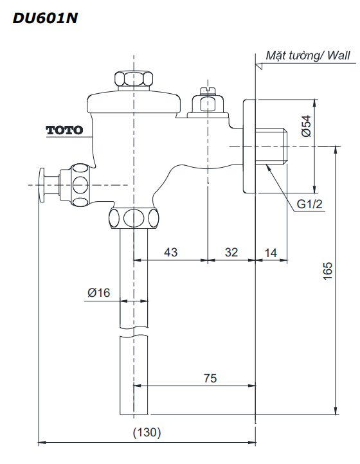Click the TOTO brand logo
64,130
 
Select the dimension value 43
170,253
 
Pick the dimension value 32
231,253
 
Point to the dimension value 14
271,253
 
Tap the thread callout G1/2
309,204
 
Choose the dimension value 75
210,379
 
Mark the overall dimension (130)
147,433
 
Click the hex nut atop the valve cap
134,80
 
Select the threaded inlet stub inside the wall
273,146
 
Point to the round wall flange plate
249,146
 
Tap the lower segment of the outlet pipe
134,376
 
